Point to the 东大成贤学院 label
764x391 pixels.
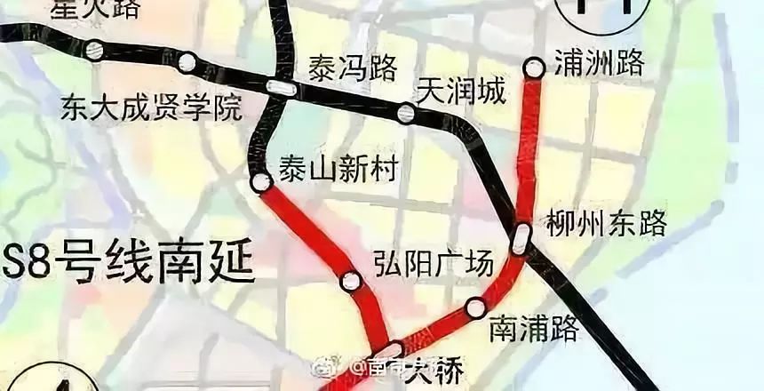point(152,109)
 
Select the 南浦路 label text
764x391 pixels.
point(534,329)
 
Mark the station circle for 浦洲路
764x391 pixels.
point(534,67)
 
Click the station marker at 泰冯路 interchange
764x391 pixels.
point(281,87)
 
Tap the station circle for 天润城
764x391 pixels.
point(406,113)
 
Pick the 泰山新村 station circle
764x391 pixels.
point(261,183)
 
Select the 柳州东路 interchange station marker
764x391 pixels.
point(522,236)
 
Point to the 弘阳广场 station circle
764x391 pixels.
point(352,282)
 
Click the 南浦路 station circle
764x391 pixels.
point(475,307)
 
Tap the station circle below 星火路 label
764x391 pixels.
point(94,51)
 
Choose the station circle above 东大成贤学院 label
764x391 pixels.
point(187,62)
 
